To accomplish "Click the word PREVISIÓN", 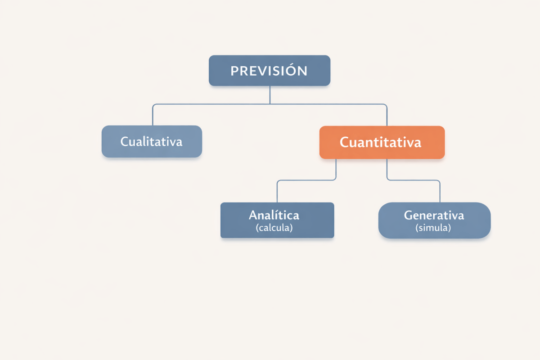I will coord(269,71).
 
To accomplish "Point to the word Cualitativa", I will coord(151,141).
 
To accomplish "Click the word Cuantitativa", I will coord(380,143).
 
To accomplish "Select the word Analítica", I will coord(274,215).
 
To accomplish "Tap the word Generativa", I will coord(434,215).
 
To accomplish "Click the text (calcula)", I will coord(274,228).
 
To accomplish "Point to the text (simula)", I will coord(433,228).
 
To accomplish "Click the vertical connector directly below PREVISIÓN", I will coord(270,94).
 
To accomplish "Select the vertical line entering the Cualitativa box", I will coord(153,115).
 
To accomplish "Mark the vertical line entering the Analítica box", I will coord(277,192).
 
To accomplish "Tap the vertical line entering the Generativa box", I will coord(440,192).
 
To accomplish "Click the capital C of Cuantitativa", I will coord(344,143).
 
